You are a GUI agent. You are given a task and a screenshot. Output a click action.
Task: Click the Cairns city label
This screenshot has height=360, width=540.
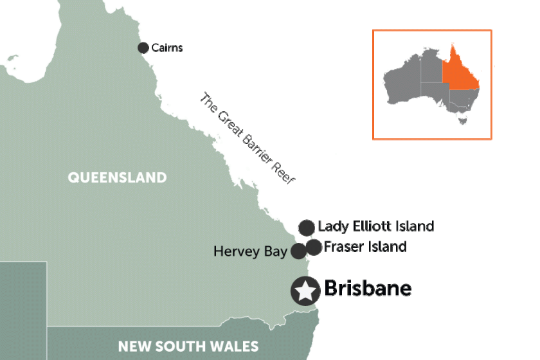(x=167, y=48)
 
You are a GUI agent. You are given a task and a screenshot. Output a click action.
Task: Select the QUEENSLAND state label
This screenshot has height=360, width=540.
(x=117, y=177)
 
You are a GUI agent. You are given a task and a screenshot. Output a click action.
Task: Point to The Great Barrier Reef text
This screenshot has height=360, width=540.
(x=247, y=139)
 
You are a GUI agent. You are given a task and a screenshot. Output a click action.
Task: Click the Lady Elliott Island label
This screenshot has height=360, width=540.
(x=376, y=226)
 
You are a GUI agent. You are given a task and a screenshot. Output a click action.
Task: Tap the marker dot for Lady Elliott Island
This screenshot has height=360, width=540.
(x=307, y=227)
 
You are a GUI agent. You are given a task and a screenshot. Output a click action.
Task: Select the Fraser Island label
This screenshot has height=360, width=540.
(x=365, y=246)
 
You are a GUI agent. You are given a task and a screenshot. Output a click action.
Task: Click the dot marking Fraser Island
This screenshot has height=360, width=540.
(x=313, y=247)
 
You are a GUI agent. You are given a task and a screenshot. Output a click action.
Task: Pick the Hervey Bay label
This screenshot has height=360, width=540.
(x=251, y=251)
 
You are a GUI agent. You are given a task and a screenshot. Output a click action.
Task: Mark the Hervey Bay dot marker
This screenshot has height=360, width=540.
(x=298, y=251)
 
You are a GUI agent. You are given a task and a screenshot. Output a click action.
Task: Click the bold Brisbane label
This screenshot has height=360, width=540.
(x=368, y=289)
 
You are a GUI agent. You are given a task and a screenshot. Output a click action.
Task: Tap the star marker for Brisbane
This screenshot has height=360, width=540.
(x=305, y=291)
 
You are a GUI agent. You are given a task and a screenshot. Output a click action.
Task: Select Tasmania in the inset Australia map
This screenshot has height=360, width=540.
(x=462, y=119)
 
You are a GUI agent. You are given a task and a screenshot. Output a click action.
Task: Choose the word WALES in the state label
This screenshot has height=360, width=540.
(x=233, y=346)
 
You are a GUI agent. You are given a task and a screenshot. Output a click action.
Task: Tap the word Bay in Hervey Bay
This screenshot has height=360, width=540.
(x=275, y=252)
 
